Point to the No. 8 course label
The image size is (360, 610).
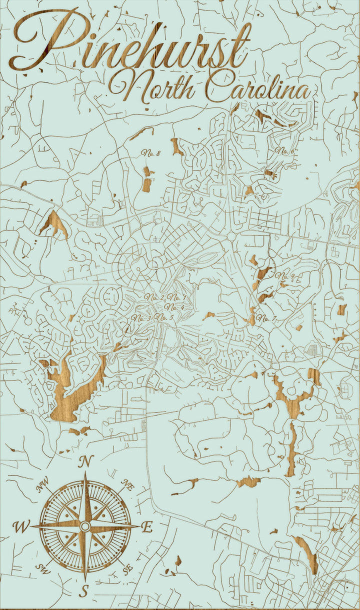coord(150,153)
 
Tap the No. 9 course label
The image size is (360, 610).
coord(286,276)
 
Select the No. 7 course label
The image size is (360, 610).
coord(266,318)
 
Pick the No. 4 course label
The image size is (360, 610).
coord(174,307)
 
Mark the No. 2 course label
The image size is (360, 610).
coord(154,297)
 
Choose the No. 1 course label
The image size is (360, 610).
coord(176,297)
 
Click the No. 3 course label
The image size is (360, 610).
coord(141,317)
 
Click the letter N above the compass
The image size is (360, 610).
coord(85,462)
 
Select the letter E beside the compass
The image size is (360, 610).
coord(147,527)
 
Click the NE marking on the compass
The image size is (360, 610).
coord(128,484)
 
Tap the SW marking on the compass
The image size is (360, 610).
coord(42,568)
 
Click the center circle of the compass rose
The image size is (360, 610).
coord(85,526)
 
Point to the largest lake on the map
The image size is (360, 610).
coord(75,387)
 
